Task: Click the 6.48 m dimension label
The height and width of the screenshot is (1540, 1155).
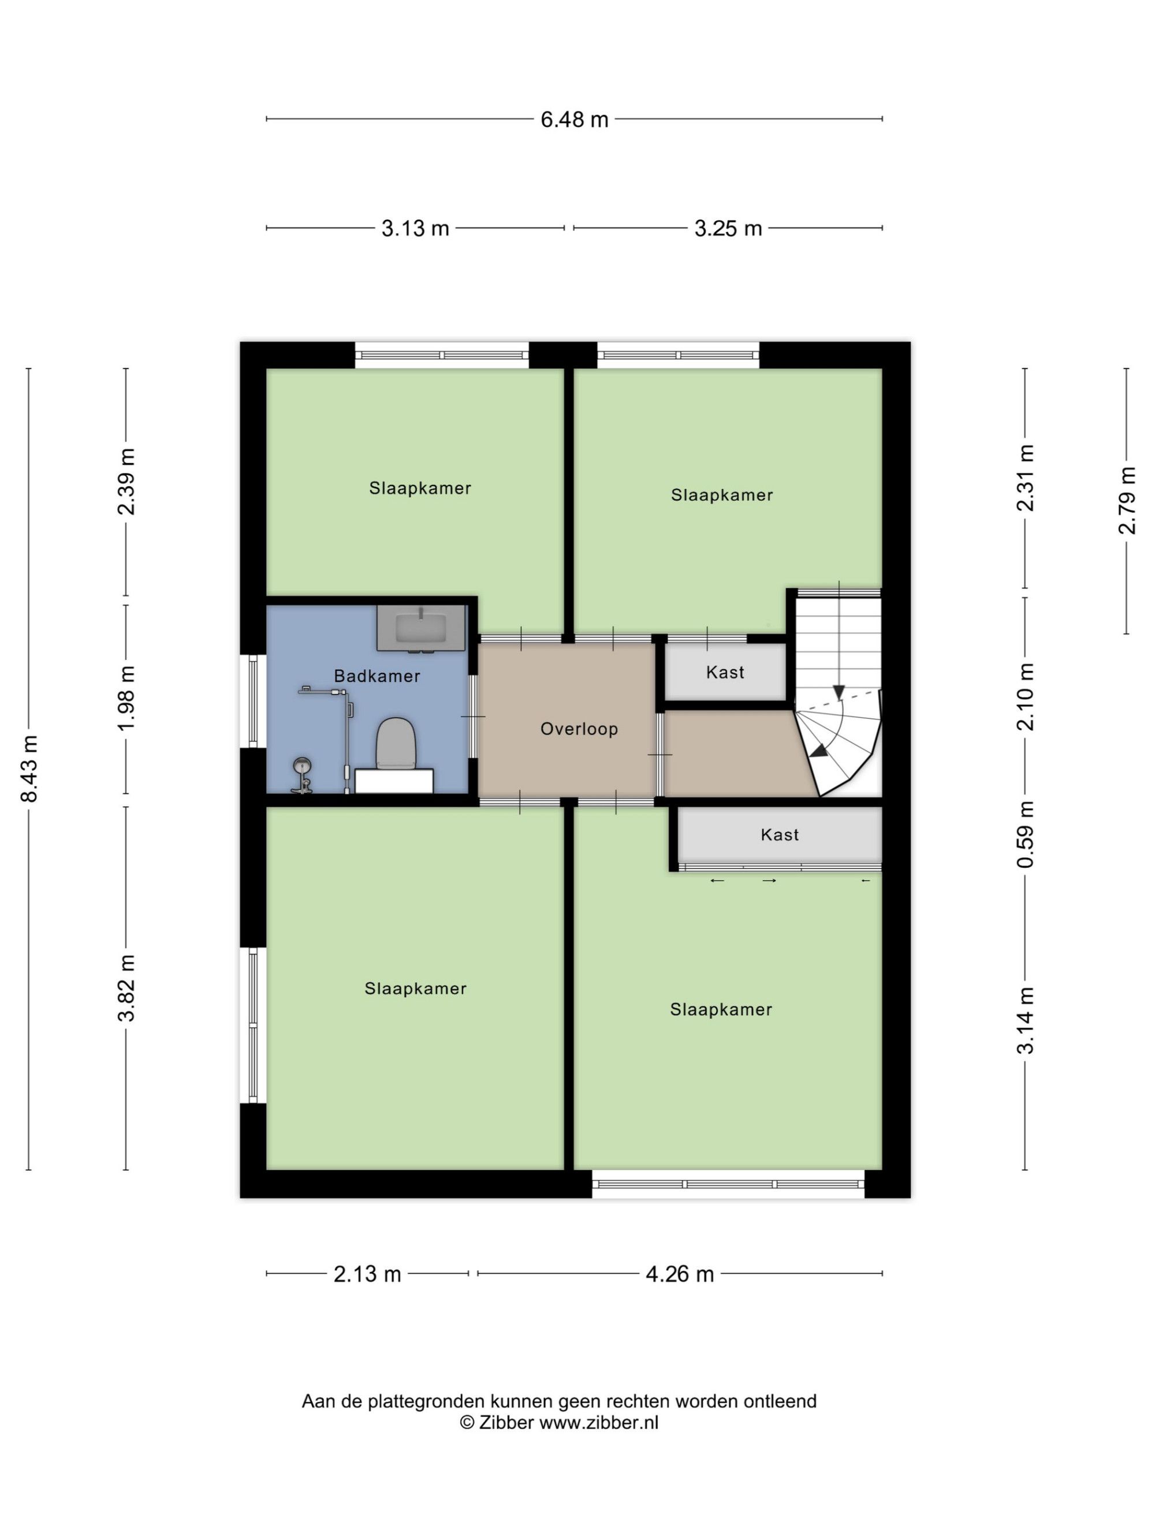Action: pyautogui.click(x=575, y=120)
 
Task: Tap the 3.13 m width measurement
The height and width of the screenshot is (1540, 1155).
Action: pyautogui.click(x=415, y=228)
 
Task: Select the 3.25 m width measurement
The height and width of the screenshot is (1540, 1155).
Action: pyautogui.click(x=728, y=228)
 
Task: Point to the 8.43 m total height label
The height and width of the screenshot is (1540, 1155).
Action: pyautogui.click(x=30, y=769)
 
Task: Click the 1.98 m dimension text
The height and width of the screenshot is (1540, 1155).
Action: pyautogui.click(x=126, y=698)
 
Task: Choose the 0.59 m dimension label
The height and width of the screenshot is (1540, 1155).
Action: pyautogui.click(x=1026, y=835)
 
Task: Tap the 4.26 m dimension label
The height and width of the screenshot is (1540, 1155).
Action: pyautogui.click(x=680, y=1274)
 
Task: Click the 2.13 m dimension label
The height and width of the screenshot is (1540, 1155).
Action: pyautogui.click(x=368, y=1274)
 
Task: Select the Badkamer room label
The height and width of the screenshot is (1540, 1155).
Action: pyautogui.click(x=377, y=676)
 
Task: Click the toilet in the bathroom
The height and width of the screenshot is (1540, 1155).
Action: pyautogui.click(x=396, y=745)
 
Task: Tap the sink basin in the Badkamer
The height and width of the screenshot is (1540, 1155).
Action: pyautogui.click(x=420, y=628)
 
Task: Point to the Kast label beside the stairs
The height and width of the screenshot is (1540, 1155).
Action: pyautogui.click(x=725, y=673)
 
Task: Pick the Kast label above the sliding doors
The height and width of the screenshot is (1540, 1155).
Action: pyautogui.click(x=780, y=835)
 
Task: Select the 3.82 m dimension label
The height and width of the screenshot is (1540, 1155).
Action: pyautogui.click(x=126, y=988)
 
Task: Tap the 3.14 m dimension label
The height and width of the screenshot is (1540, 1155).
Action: pyautogui.click(x=1026, y=1021)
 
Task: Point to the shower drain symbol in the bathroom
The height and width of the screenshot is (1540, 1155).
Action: pyautogui.click(x=302, y=765)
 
